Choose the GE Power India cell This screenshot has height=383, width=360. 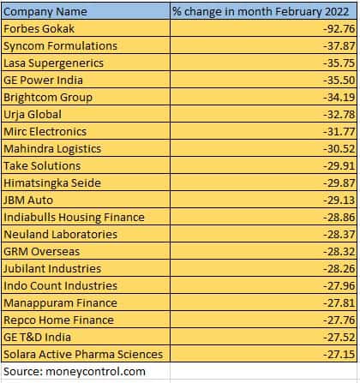pos(42,80)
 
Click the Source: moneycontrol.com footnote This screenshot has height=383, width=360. pos(75,371)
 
